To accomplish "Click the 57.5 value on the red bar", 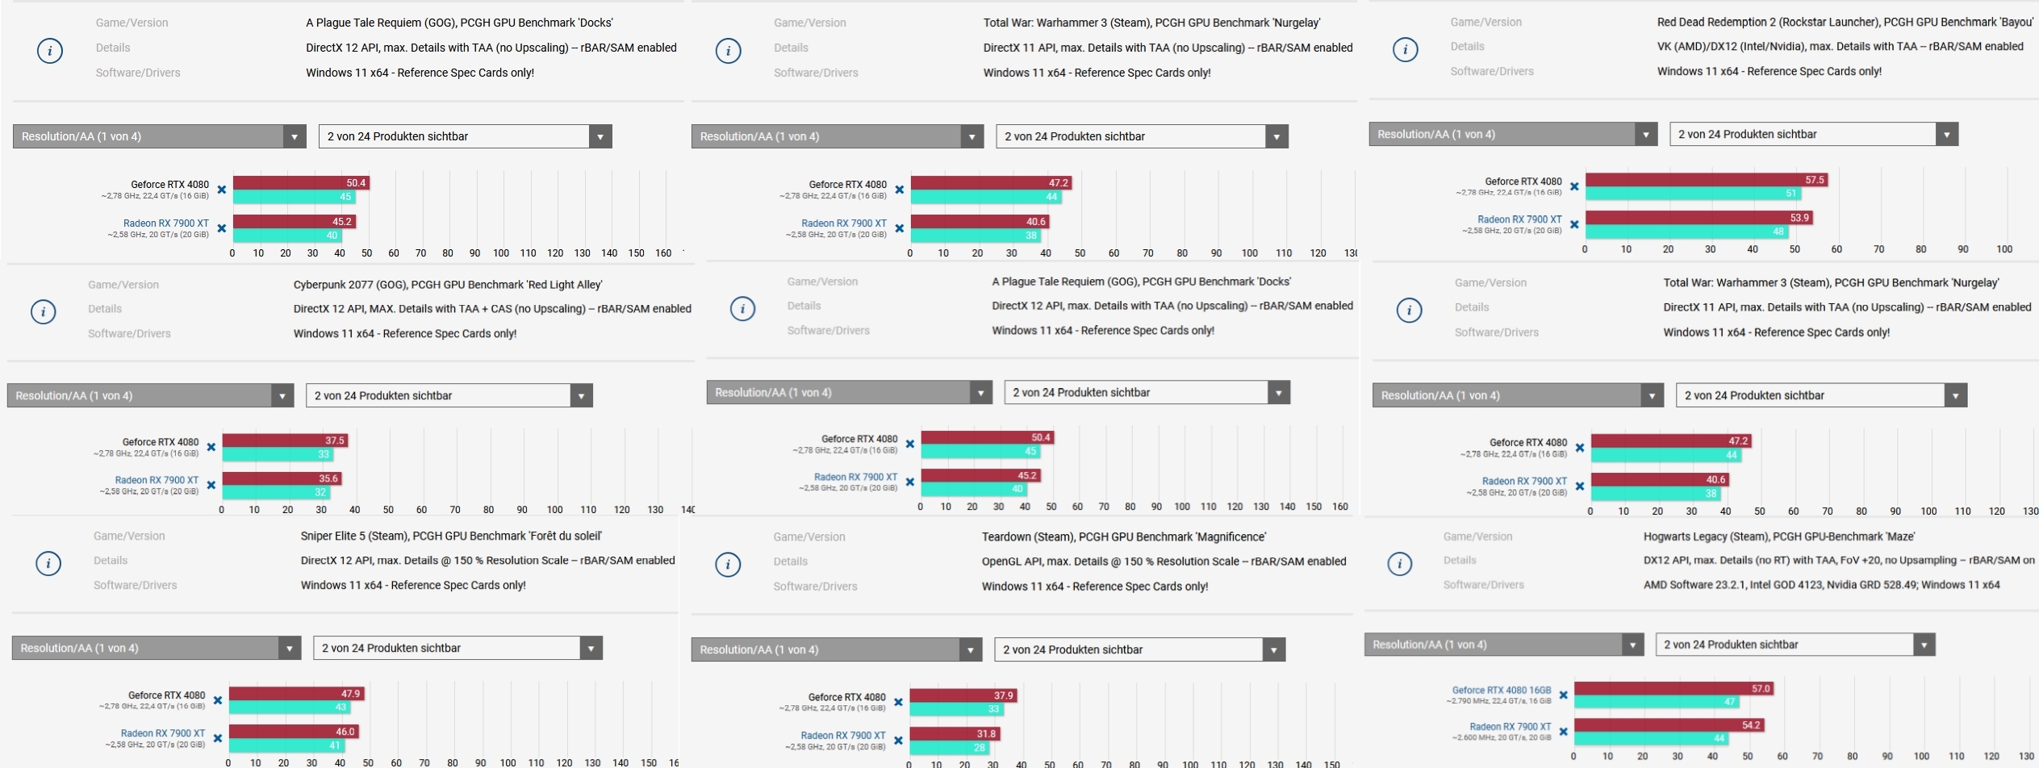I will coord(1814,180).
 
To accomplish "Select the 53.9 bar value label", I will coord(1799,218).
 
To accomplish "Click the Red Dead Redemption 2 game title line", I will coord(1845,22).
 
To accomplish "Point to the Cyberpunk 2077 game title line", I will coord(447,285).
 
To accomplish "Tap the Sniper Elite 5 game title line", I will coord(451,536).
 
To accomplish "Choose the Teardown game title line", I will coord(1123,536).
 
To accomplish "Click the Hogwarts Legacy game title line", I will coord(1778,536).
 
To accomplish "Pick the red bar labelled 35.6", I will coord(282,478).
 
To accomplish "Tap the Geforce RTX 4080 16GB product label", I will coord(1501,691).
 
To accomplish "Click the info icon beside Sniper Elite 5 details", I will coord(48,563).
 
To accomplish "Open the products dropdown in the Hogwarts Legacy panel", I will coord(1795,645).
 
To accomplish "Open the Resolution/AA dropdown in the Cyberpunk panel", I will coord(150,395).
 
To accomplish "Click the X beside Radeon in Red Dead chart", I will coord(1574,224).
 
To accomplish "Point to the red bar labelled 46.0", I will coord(293,732).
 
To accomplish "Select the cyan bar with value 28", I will coord(949,748).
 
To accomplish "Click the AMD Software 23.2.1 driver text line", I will coord(1821,585).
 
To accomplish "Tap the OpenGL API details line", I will coord(1164,561).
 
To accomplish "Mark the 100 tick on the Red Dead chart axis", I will coord(2004,249).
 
